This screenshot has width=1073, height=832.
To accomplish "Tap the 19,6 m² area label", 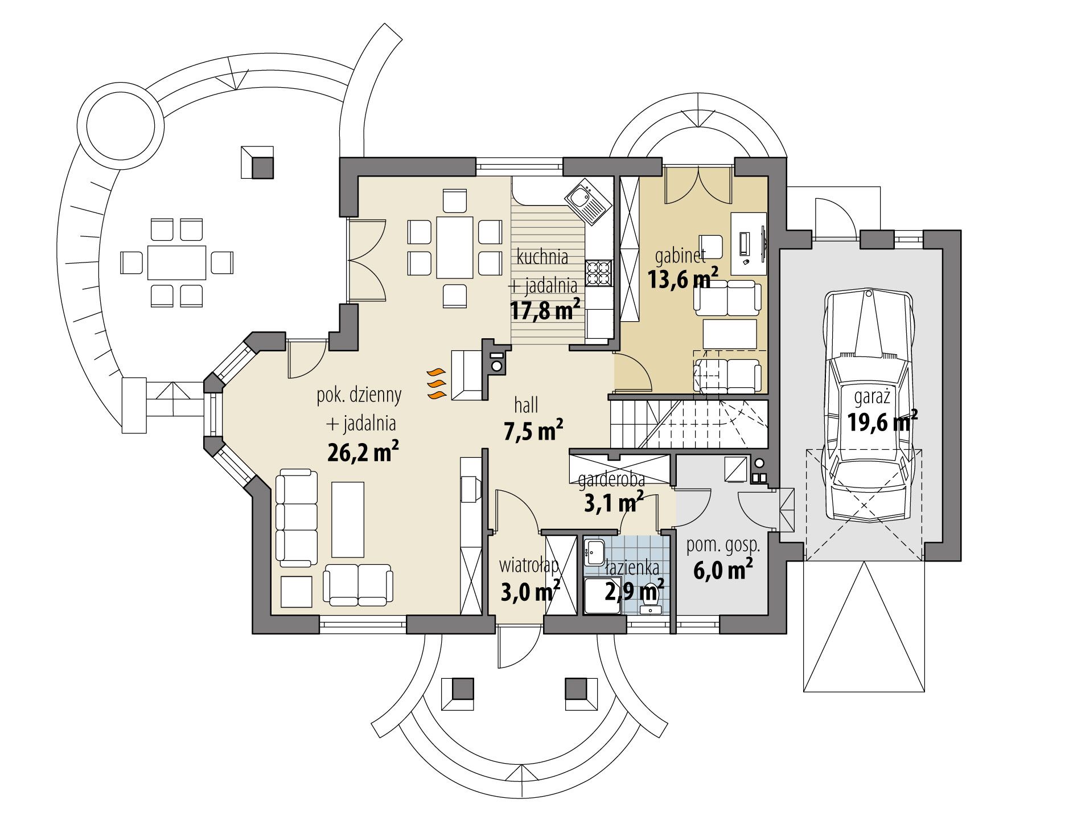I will [x=882, y=422].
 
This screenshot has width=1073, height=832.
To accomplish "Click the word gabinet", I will [x=680, y=256].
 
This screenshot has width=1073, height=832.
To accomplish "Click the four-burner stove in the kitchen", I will [x=598, y=273].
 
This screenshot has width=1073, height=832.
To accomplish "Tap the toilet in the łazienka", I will [x=650, y=603].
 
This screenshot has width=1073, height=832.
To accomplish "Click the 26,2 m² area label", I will [x=363, y=452].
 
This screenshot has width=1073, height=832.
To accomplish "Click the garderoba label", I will [x=611, y=481].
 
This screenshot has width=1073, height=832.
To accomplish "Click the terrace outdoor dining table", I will [x=176, y=263].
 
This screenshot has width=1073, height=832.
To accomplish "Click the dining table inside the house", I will [x=455, y=247].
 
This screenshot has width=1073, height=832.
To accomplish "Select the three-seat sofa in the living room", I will [x=296, y=518].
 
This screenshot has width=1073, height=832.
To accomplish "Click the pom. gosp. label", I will [x=723, y=546].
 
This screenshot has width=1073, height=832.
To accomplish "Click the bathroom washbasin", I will [x=595, y=551].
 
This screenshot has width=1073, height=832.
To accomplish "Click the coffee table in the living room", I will [x=347, y=519].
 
